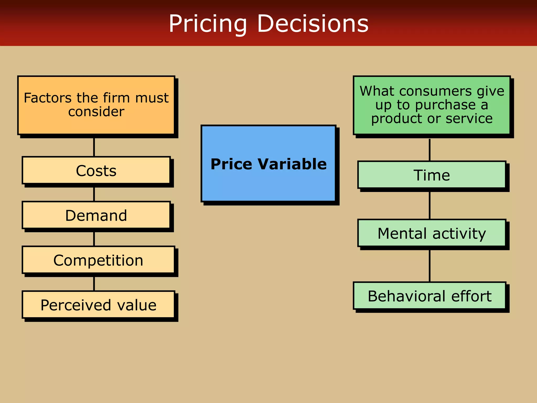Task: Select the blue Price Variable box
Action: [x=268, y=184]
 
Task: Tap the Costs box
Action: [x=96, y=171]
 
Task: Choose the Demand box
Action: [x=96, y=215]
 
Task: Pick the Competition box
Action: [x=98, y=260]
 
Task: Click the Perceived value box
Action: [x=98, y=305]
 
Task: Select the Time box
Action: [x=432, y=175]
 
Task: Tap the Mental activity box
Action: [x=432, y=233]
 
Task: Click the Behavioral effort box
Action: [x=429, y=296]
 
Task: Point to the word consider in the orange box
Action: [x=96, y=112]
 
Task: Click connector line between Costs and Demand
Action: [x=94, y=194]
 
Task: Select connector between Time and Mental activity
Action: [x=429, y=206]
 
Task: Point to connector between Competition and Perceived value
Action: [x=94, y=284]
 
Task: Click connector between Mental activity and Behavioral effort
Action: [x=429, y=266]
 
